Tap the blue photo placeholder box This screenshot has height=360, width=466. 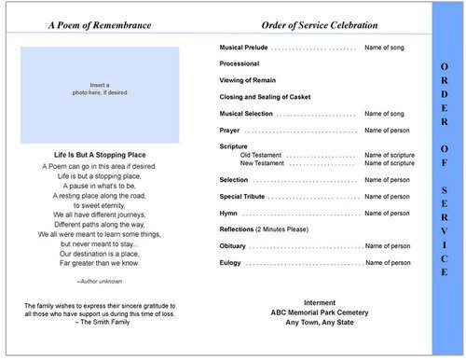100,90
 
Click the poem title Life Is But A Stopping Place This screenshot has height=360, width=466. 100,154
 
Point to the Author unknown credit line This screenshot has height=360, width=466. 100,280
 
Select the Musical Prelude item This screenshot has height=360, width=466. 245,47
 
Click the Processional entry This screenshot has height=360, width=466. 240,63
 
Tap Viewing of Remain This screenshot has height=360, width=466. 250,80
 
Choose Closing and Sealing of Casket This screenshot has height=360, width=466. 265,96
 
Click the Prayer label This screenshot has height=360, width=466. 230,130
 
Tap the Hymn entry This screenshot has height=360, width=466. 229,213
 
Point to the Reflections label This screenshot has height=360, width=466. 237,229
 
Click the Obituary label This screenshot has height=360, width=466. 234,246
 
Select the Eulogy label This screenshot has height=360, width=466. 231,263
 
